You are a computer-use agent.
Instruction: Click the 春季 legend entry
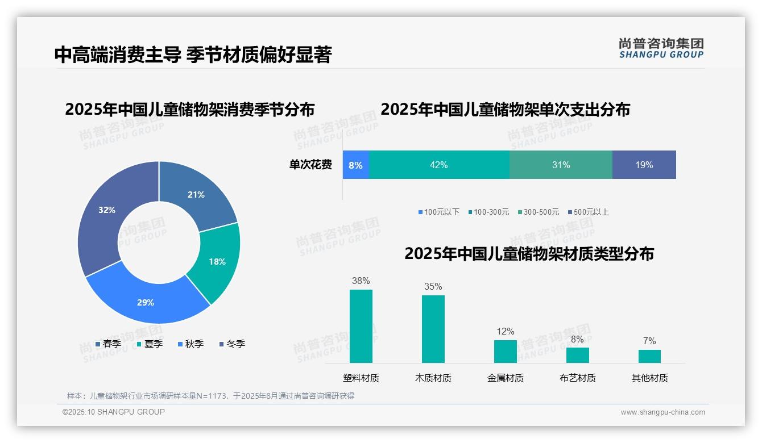pos(108,344)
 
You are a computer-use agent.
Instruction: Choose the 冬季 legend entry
pos(232,344)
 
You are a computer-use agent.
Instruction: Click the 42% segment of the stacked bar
pos(439,165)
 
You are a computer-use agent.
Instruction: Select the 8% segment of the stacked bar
pos(356,165)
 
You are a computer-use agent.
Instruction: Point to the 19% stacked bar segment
pos(644,165)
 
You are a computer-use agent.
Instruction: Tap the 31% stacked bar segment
pos(561,165)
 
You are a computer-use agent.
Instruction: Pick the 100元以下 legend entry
pos(438,212)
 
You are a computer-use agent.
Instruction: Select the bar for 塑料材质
pos(361,327)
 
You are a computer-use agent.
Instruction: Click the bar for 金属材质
pos(506,352)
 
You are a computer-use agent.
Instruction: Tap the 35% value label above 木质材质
pos(433,287)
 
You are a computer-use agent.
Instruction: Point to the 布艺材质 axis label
pos(578,378)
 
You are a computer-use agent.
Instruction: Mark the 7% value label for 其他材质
pos(649,341)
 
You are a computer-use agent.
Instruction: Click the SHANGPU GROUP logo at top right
pos(661,48)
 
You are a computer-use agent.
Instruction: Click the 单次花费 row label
pos(310,165)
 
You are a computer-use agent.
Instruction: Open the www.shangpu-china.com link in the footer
pos(662,412)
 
